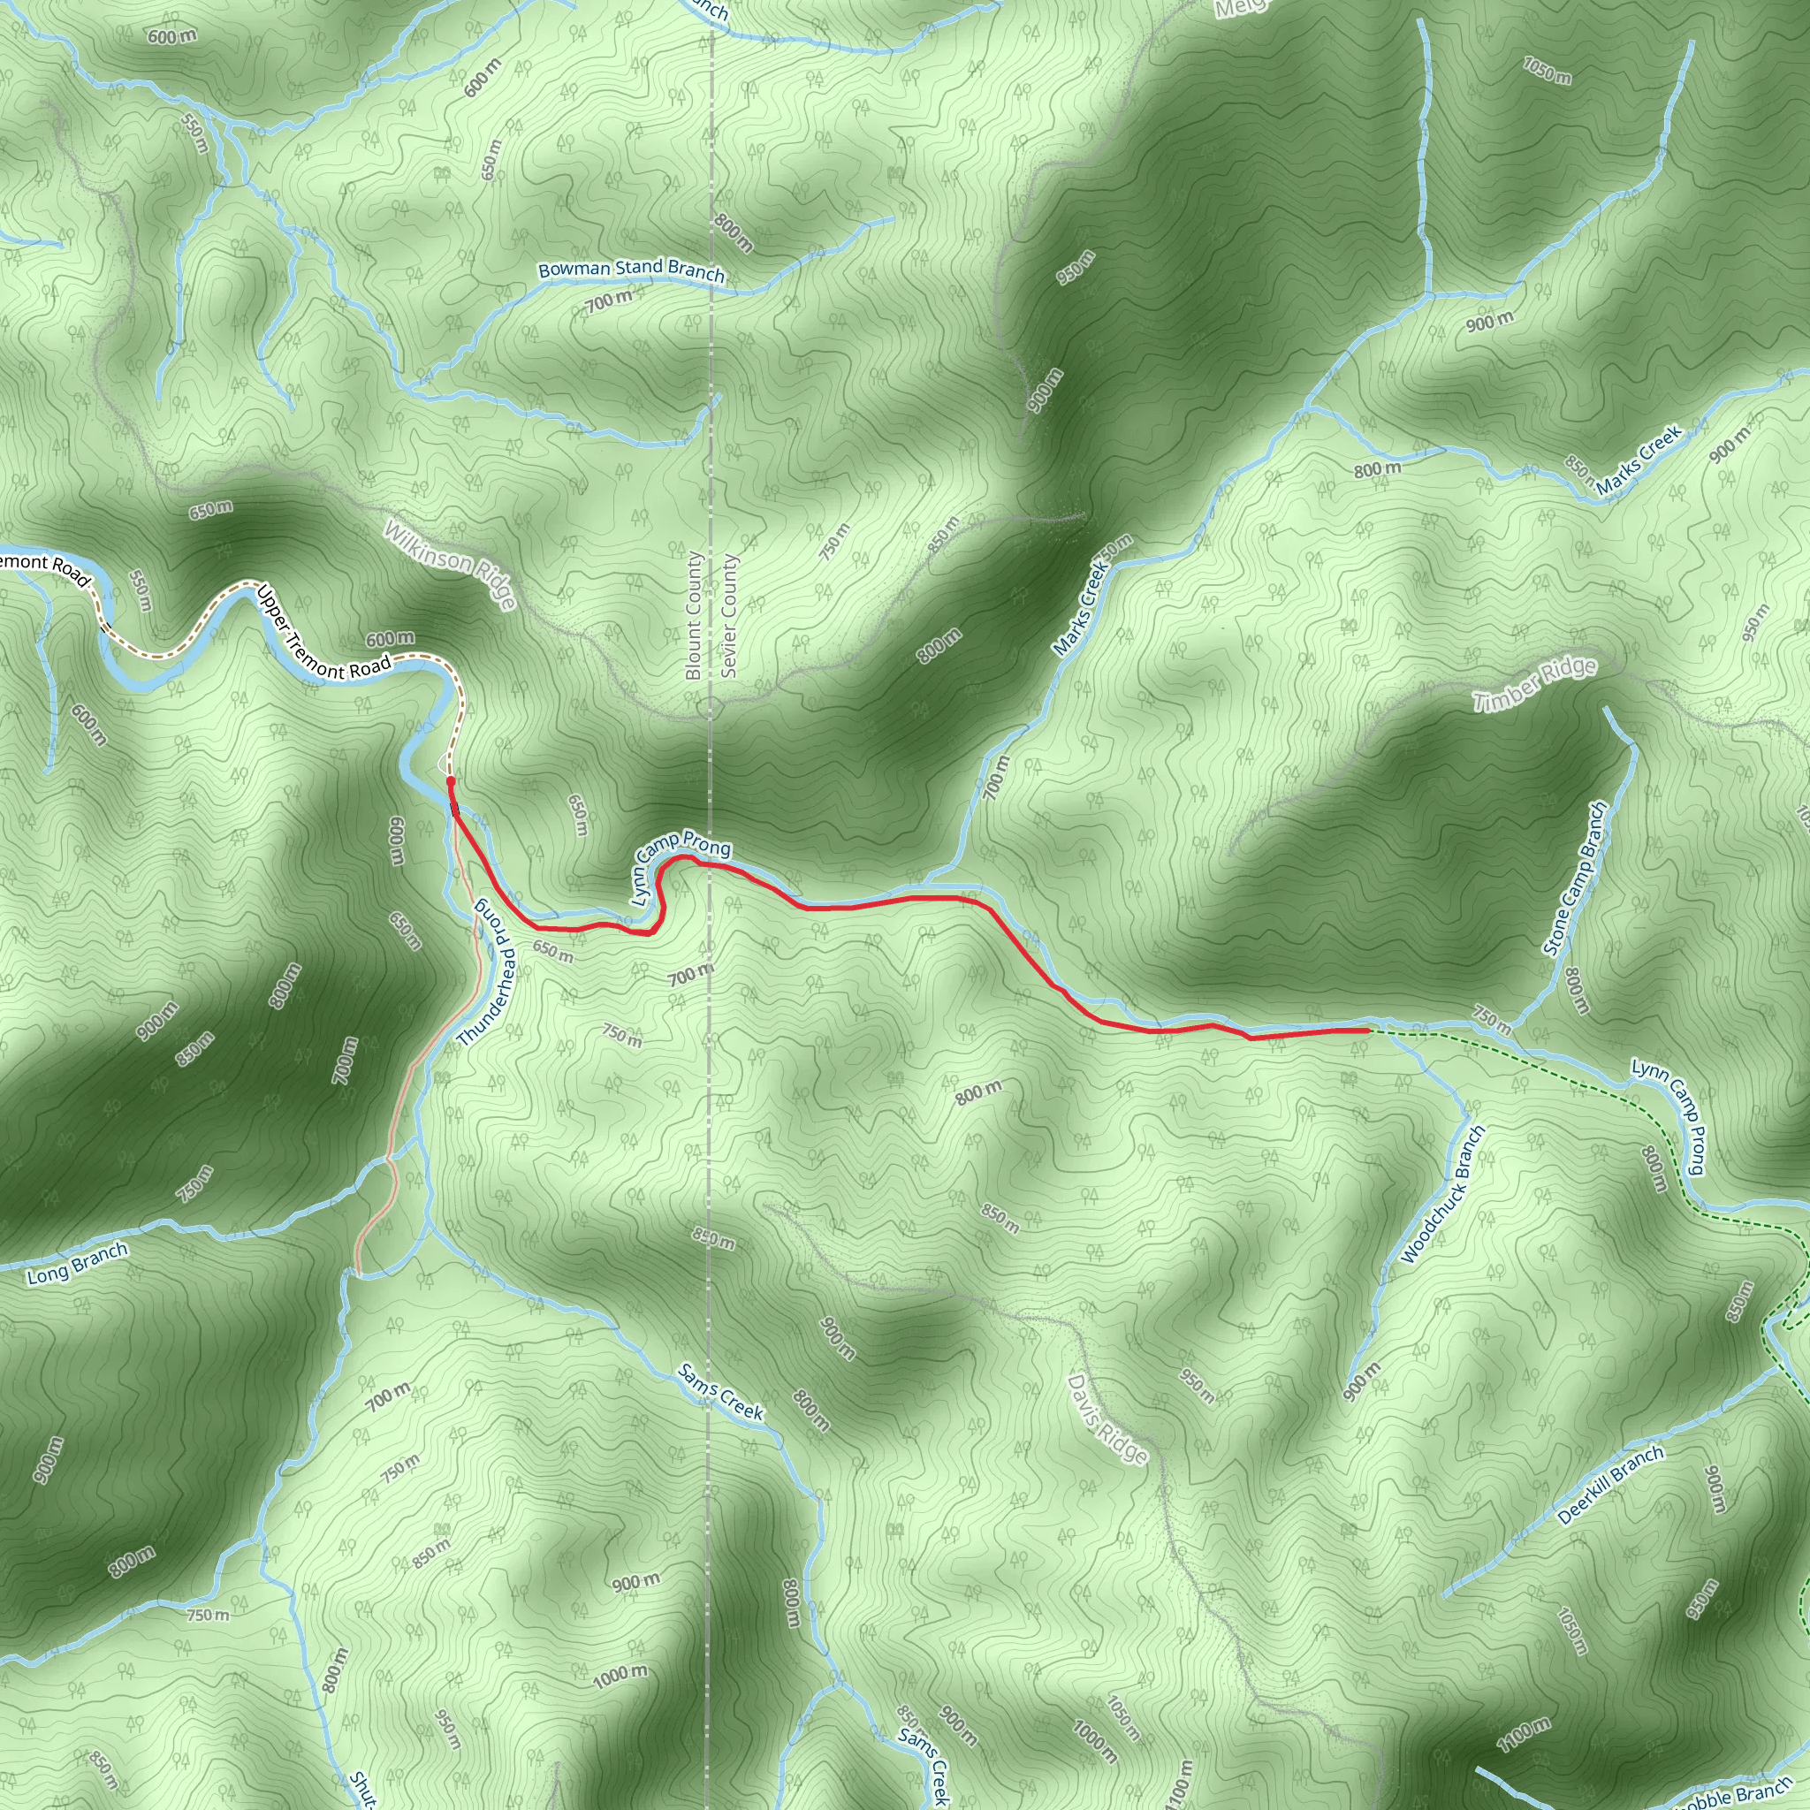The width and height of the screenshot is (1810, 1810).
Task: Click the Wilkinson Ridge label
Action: tap(450, 566)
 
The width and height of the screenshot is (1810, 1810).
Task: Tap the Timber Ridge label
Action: tap(1534, 685)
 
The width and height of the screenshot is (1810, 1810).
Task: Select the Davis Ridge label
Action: tap(1107, 1418)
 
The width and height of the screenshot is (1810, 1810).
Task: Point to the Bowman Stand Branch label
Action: tap(631, 270)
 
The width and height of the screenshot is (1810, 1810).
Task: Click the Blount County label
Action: tap(693, 614)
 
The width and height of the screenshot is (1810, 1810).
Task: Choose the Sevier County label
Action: tap(730, 614)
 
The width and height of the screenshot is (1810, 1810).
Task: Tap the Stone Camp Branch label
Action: tap(1576, 878)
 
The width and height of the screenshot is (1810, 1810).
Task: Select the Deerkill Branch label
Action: tap(1611, 1485)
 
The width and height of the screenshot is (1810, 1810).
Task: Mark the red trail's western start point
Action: tap(451, 780)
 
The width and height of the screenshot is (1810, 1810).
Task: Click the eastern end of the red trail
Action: tap(1369, 1030)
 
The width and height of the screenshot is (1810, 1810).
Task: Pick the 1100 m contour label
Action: tap(1524, 1735)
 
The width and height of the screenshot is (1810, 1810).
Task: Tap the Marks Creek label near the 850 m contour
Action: tap(1639, 460)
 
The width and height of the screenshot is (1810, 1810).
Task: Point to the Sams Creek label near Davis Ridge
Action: tap(720, 1392)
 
